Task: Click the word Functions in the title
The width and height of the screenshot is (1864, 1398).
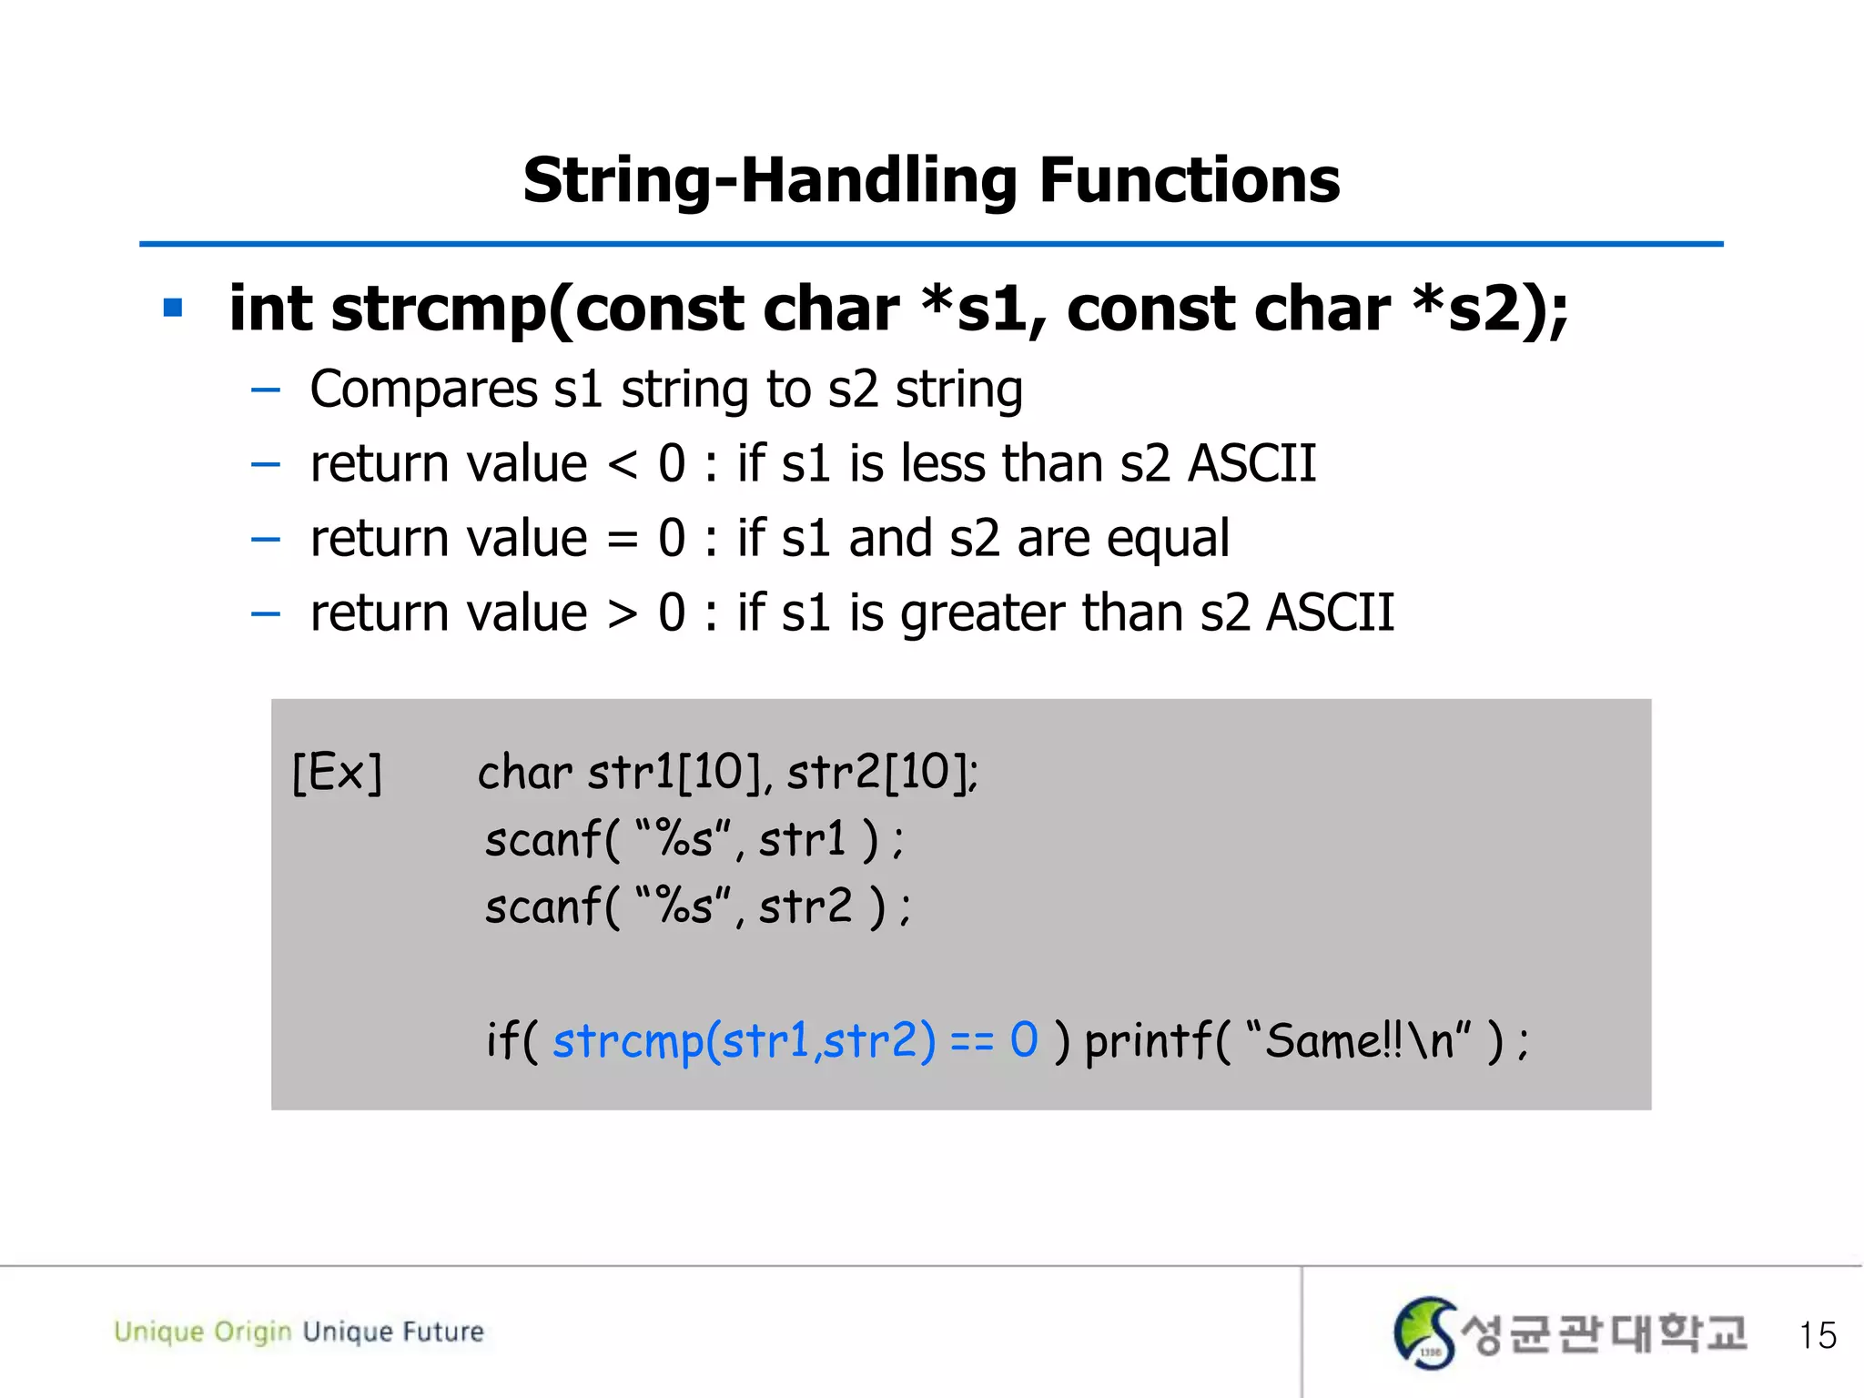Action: click(1189, 180)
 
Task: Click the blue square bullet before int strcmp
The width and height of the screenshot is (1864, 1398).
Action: click(173, 308)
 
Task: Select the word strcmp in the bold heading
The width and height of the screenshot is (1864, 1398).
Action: click(438, 309)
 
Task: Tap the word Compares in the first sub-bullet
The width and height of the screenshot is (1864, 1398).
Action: click(423, 390)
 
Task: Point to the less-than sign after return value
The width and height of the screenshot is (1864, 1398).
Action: click(623, 464)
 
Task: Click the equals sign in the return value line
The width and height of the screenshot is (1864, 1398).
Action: click(623, 539)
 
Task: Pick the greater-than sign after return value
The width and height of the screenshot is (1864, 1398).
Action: click(623, 613)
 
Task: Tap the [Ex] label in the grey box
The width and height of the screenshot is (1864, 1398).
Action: click(337, 774)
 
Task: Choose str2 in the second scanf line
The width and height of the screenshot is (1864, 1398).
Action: click(805, 907)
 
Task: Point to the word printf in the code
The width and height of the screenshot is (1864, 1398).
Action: click(1149, 1039)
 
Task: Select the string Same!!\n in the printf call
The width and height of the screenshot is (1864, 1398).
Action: click(1358, 1039)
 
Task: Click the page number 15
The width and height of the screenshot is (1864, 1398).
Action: click(1817, 1335)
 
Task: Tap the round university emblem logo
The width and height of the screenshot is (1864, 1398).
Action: click(1424, 1333)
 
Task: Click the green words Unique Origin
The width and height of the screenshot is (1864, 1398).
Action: click(202, 1332)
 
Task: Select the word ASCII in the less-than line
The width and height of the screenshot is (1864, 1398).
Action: click(1252, 464)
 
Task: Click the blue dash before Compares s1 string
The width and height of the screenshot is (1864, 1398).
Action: click(265, 390)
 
